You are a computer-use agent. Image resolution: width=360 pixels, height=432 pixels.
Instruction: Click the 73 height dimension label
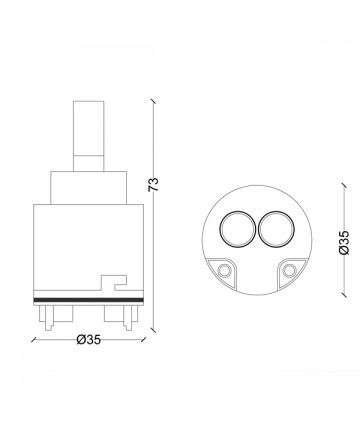coord(154,184)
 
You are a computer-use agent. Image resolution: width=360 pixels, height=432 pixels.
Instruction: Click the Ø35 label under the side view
coord(88,340)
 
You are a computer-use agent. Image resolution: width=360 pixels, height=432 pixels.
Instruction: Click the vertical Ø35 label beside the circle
coord(345,242)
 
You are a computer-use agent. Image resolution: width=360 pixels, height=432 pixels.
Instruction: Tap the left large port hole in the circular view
coord(237,229)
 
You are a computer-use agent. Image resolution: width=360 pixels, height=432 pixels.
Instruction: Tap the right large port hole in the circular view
coord(277,229)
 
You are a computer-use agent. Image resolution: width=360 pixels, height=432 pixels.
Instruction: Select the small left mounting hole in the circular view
coord(223,270)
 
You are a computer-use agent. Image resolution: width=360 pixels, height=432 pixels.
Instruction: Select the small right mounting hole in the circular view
coord(289,270)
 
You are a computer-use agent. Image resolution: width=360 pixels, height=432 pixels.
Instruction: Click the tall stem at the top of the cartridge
coord(88,136)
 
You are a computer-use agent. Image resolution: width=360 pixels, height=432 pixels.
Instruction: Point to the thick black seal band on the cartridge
coord(88,300)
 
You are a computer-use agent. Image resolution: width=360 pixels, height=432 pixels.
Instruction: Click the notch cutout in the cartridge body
coord(114,282)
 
